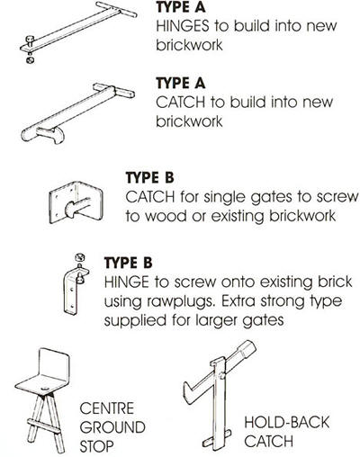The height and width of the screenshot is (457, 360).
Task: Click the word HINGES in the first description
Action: tap(183, 26)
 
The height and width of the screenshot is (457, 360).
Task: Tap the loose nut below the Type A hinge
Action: tap(31, 59)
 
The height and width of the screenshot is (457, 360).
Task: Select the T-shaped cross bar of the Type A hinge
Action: tap(116, 10)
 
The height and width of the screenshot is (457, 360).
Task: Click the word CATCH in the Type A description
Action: tap(181, 103)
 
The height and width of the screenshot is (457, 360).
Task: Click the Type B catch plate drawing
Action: tap(76, 202)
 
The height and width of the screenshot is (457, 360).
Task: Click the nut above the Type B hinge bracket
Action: tap(80, 257)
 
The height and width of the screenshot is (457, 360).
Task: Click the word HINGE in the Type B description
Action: tap(127, 282)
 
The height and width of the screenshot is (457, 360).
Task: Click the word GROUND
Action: tap(112, 427)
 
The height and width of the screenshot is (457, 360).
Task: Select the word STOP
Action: tap(96, 446)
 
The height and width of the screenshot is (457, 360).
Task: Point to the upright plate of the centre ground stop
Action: tap(55, 363)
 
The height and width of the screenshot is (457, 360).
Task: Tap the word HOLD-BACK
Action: tap(287, 422)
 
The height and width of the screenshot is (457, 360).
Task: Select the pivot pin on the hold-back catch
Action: tap(222, 375)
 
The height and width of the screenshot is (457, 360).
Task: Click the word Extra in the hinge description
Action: tap(238, 301)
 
